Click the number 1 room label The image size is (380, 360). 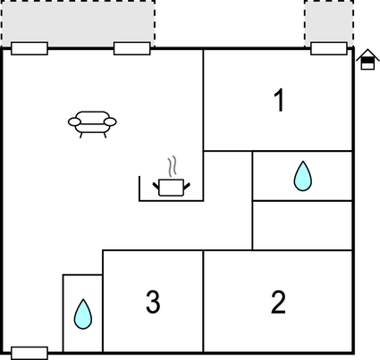tap(279, 101)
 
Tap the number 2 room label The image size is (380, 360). tap(278, 302)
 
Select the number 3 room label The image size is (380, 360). tap(153, 301)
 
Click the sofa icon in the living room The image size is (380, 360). tap(92, 124)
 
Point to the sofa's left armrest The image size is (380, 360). tap(74, 121)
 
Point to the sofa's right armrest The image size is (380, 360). tap(110, 121)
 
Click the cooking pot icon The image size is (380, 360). tap(172, 188)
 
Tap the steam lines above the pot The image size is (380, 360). tap(172, 165)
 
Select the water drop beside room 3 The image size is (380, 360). tap(83, 314)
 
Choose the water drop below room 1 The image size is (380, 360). tap(302, 176)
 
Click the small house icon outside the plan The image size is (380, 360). tap(367, 59)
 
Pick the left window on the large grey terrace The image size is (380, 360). tap(30, 48)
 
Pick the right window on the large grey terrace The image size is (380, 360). tap(131, 48)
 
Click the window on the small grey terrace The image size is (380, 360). tap(329, 48)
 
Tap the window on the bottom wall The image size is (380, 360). tap(30, 353)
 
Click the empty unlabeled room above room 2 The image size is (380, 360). tap(302, 226)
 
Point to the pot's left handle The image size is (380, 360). tap(156, 187)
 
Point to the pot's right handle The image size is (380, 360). tap(187, 187)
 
